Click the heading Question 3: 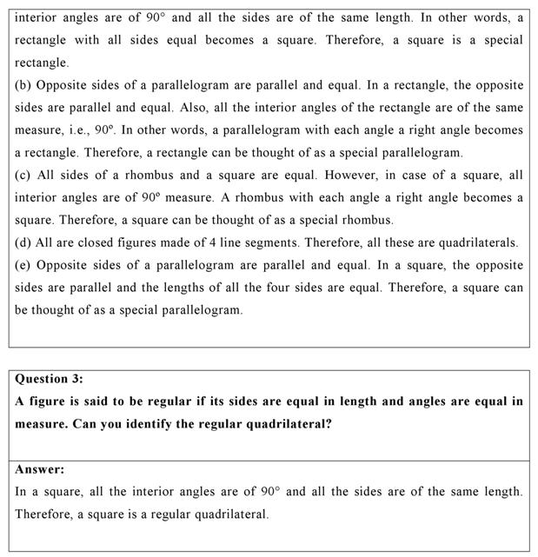click(50, 379)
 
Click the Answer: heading click(40, 469)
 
